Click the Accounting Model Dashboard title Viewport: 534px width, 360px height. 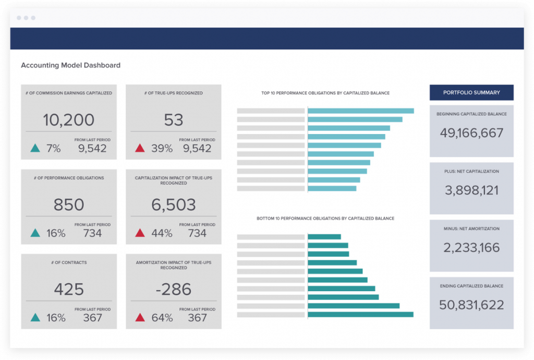point(70,66)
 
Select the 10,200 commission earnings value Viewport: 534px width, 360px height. point(69,120)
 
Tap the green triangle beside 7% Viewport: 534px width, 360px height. point(35,148)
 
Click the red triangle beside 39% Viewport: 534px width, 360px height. point(140,148)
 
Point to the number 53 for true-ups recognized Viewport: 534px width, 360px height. point(174,120)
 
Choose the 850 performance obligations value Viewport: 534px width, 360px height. point(69,205)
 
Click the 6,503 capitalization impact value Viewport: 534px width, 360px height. point(174,205)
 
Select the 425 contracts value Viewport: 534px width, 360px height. point(69,289)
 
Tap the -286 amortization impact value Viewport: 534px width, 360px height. point(174,289)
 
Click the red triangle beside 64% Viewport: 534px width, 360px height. point(140,317)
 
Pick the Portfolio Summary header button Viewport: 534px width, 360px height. point(471,92)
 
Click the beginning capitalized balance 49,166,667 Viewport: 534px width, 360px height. point(471,133)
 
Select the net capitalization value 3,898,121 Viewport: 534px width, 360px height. point(471,190)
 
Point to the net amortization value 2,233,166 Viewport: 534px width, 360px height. point(471,248)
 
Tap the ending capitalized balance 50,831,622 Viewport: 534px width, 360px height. point(471,305)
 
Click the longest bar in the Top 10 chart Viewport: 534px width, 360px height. point(361,111)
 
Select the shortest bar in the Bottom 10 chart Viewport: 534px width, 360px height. point(324,237)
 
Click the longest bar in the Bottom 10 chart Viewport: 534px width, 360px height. point(361,315)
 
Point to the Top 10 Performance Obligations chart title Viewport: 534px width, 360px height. point(325,93)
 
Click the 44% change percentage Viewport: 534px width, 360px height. point(162,233)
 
